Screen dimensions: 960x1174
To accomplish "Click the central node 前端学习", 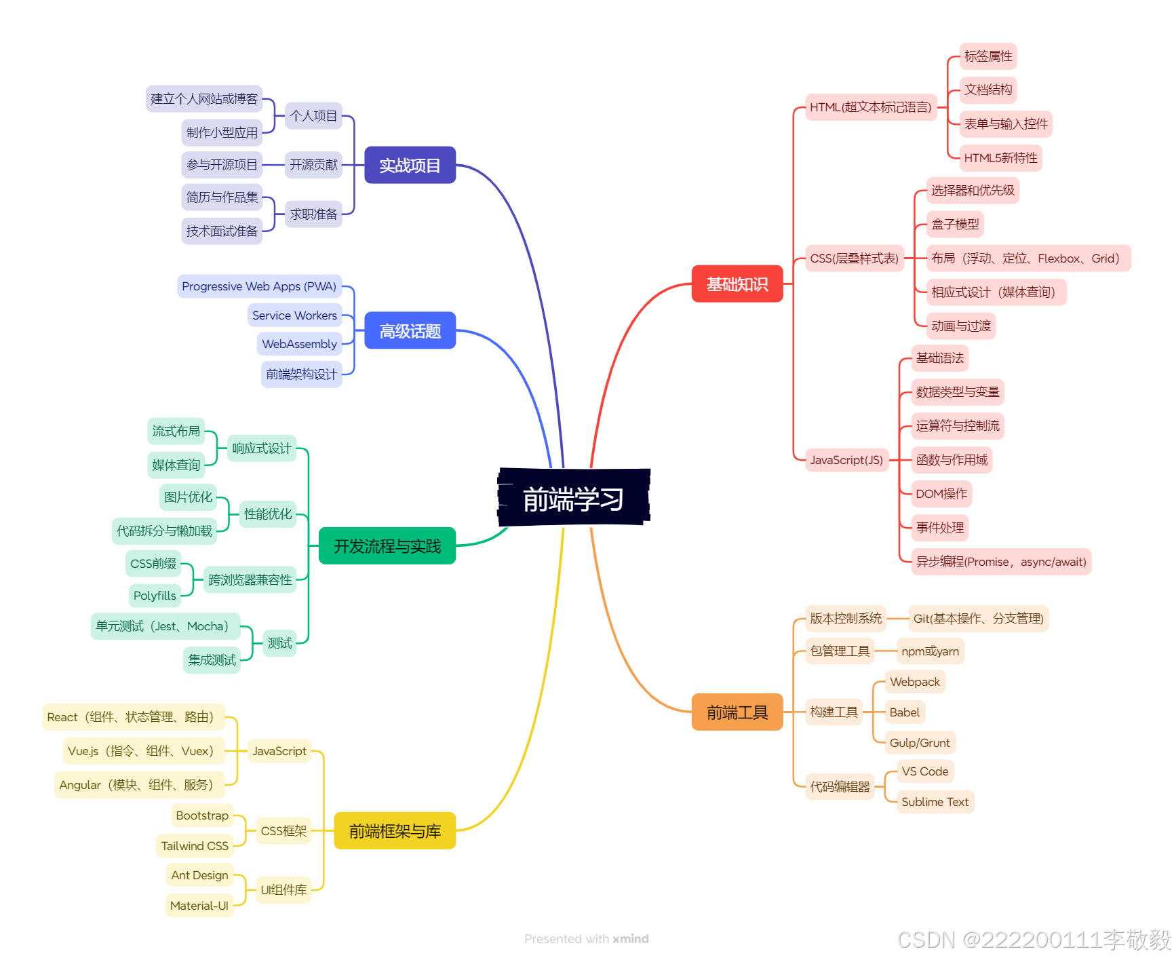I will [574, 499].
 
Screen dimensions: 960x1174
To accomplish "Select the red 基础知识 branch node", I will [737, 284].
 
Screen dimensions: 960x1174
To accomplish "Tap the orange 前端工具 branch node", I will [737, 712].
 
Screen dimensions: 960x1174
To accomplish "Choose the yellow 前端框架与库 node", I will [395, 831].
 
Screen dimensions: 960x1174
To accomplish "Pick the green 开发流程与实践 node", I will [387, 546].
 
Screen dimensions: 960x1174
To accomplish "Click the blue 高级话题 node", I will [410, 331].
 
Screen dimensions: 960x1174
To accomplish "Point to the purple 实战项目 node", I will [410, 165].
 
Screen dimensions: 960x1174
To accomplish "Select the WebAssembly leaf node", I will [299, 344].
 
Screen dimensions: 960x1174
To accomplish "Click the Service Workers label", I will [294, 315].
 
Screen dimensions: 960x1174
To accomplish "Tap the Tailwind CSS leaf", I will [195, 846].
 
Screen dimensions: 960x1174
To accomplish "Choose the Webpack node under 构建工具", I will [914, 682].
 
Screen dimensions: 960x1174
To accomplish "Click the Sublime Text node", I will [935, 802].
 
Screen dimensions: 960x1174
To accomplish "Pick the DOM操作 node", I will [941, 494].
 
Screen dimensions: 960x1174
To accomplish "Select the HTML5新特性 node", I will [1000, 158].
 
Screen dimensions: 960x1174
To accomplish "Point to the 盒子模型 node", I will [955, 224].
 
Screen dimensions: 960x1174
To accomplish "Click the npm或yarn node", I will [930, 651].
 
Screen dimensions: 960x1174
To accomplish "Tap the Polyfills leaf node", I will [155, 596].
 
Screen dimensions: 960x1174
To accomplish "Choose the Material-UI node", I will [199, 906].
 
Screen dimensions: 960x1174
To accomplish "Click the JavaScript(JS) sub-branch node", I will [846, 460].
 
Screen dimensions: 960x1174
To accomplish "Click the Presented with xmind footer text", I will [587, 939].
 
